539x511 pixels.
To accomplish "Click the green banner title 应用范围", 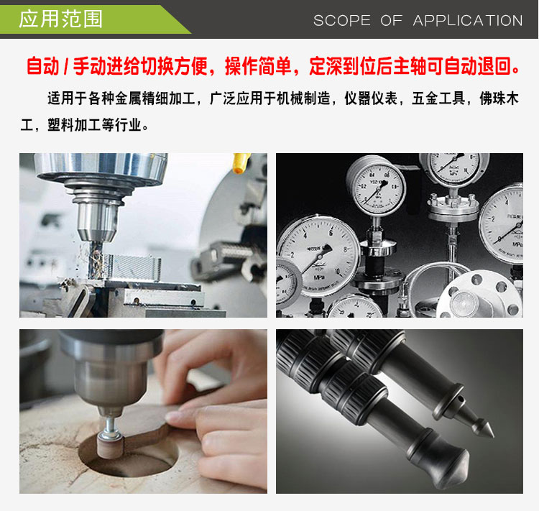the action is pyautogui.click(x=60, y=19).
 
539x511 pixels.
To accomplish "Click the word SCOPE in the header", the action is pyautogui.click(x=342, y=21).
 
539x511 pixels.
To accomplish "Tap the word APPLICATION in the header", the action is pyautogui.click(x=468, y=21).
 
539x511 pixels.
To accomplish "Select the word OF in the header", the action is pyautogui.click(x=391, y=21).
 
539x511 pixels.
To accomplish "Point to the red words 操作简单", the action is pyautogui.click(x=258, y=66).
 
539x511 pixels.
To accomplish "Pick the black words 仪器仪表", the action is pyautogui.click(x=371, y=98).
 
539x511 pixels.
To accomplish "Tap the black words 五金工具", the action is pyautogui.click(x=438, y=98).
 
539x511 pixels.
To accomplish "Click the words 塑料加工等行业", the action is pyautogui.click(x=94, y=124).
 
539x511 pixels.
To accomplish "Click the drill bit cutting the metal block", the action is pyautogui.click(x=95, y=259).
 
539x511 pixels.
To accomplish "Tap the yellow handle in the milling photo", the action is pyautogui.click(x=241, y=162).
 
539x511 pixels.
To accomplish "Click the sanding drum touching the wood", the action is pyautogui.click(x=110, y=446).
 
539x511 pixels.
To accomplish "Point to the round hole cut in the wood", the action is pyautogui.click(x=129, y=454).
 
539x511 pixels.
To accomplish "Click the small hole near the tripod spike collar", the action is pyautogui.click(x=460, y=399).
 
